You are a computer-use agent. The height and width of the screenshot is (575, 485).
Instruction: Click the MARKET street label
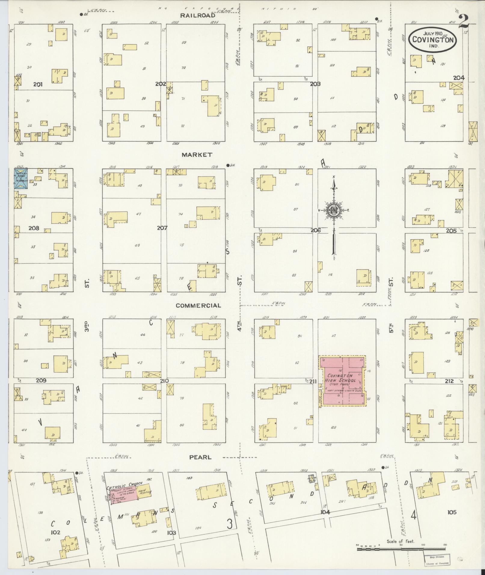(197, 155)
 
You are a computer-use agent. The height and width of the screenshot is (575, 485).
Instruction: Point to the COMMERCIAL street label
(198, 305)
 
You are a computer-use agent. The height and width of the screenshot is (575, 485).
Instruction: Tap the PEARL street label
(200, 457)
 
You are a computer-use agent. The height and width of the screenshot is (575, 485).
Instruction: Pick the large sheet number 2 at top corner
(465, 21)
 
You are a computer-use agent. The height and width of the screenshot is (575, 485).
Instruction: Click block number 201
(38, 84)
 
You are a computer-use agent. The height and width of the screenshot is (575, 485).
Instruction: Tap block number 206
(316, 230)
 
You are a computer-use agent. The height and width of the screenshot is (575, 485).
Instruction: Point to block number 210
(164, 381)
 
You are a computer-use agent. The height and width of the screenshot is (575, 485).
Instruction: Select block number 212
(449, 381)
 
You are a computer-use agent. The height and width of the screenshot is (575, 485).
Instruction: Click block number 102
(56, 532)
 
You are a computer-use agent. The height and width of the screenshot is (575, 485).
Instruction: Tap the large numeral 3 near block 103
(229, 524)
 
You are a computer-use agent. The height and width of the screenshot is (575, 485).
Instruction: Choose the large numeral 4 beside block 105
(414, 515)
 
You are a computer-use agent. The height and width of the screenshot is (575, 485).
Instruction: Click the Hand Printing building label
(145, 492)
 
